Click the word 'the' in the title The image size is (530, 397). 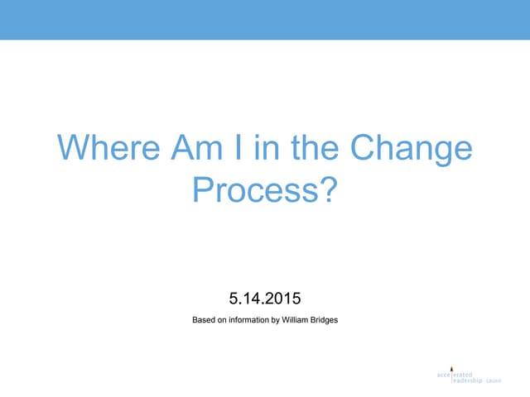point(316,150)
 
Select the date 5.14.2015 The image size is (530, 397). point(265,296)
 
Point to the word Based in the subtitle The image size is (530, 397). point(204,319)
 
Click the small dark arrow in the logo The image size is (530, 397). point(451,366)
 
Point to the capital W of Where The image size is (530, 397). point(70,150)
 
